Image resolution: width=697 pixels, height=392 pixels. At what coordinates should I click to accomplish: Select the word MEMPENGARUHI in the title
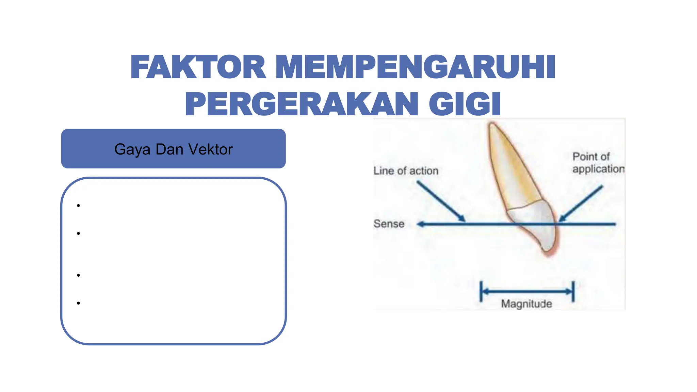(x=416, y=67)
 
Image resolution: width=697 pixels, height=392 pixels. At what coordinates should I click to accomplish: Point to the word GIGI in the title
(x=465, y=104)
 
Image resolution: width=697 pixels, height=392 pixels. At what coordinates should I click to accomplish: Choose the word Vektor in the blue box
(x=211, y=149)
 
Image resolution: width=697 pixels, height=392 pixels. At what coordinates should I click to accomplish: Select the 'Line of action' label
(x=406, y=170)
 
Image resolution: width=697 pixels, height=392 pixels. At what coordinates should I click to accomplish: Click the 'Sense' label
(x=389, y=224)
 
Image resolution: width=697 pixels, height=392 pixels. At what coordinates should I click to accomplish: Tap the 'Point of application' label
(x=598, y=163)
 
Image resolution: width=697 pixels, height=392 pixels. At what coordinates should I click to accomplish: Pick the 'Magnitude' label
(x=526, y=304)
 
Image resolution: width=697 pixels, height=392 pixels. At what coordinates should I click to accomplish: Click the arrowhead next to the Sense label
(x=421, y=224)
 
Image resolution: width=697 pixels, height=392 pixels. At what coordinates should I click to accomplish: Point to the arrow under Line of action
(x=441, y=201)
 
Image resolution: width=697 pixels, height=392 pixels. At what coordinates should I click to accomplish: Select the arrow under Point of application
(x=581, y=203)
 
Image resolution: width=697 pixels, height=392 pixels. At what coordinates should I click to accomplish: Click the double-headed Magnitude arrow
(x=527, y=292)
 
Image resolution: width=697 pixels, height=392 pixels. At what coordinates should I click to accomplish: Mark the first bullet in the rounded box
(x=78, y=206)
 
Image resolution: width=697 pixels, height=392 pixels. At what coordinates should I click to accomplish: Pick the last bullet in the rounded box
(x=78, y=303)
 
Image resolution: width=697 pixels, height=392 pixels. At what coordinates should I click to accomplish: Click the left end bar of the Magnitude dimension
(x=481, y=291)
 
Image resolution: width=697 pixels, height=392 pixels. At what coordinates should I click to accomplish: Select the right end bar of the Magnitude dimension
(x=573, y=291)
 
